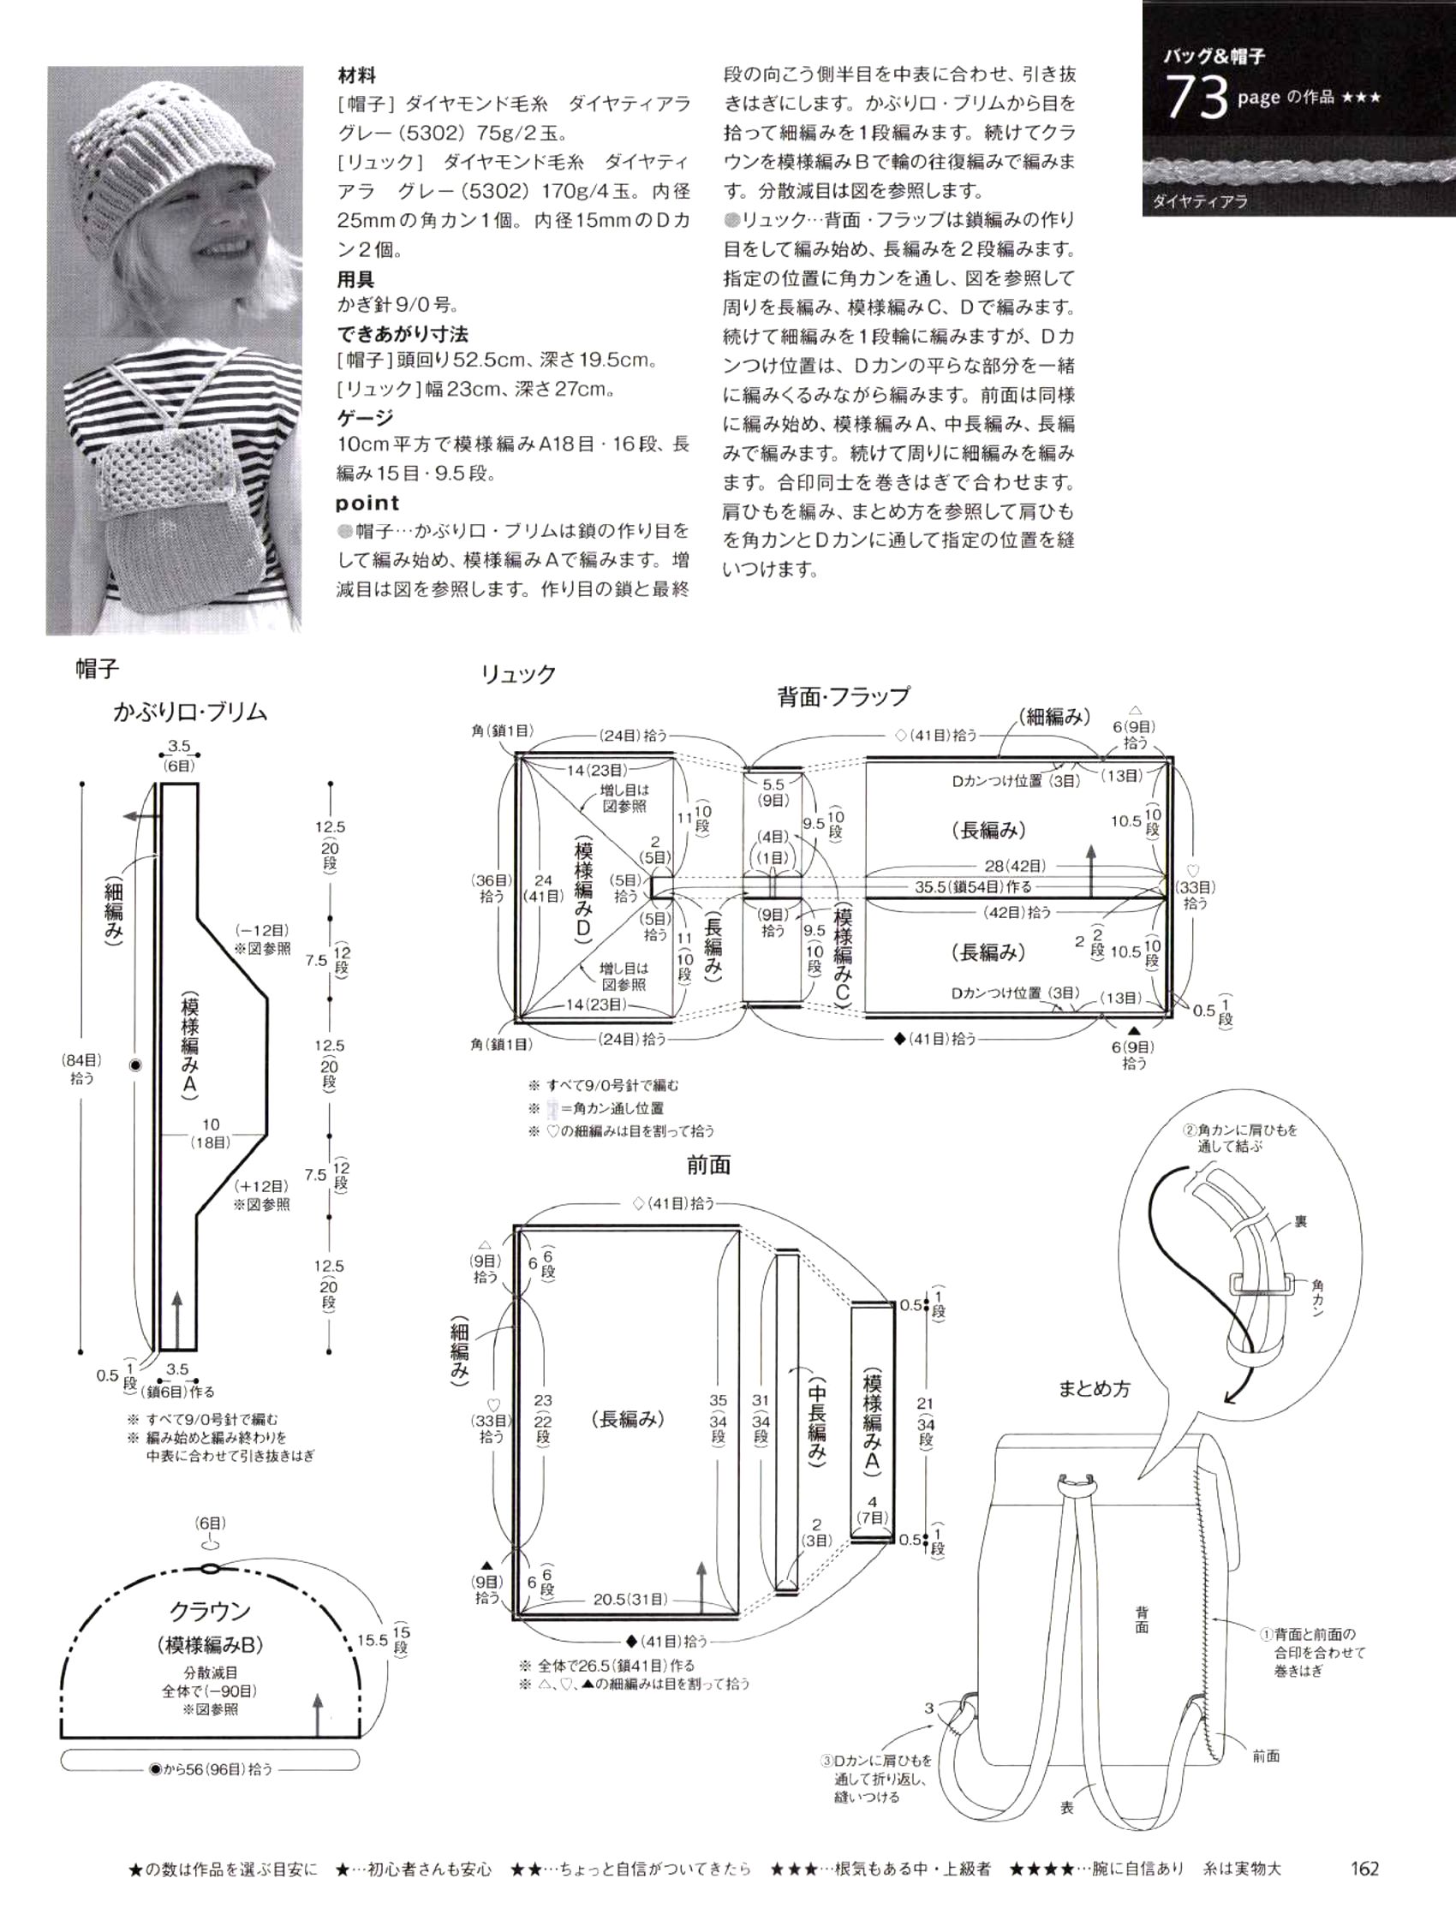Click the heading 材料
pos(356,75)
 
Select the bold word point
pos(367,503)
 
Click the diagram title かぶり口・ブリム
pos(190,713)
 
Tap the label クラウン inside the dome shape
pos(209,1611)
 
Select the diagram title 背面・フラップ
pos(843,696)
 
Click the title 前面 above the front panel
pos(707,1165)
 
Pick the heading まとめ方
pos(1094,1389)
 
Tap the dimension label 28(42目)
pos(1015,866)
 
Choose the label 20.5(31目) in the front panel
pos(630,1599)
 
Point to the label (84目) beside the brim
pos(82,1059)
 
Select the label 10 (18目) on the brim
pos(210,1133)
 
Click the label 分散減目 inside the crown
pos(210,1673)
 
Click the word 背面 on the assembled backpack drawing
pos(1142,1619)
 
